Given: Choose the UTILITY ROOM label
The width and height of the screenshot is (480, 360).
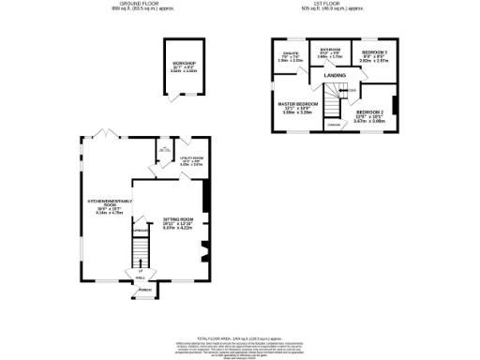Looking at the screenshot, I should click(190, 158).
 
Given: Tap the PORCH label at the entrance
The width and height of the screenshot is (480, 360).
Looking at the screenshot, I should click(145, 291).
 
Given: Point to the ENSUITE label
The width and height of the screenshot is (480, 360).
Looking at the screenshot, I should click(290, 53).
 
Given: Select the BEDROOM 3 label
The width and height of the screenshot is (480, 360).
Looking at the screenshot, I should click(374, 51).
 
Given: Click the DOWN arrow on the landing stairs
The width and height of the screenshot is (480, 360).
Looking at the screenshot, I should click(352, 90).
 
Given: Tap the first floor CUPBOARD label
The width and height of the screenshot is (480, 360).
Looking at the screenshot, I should click(332, 124).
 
